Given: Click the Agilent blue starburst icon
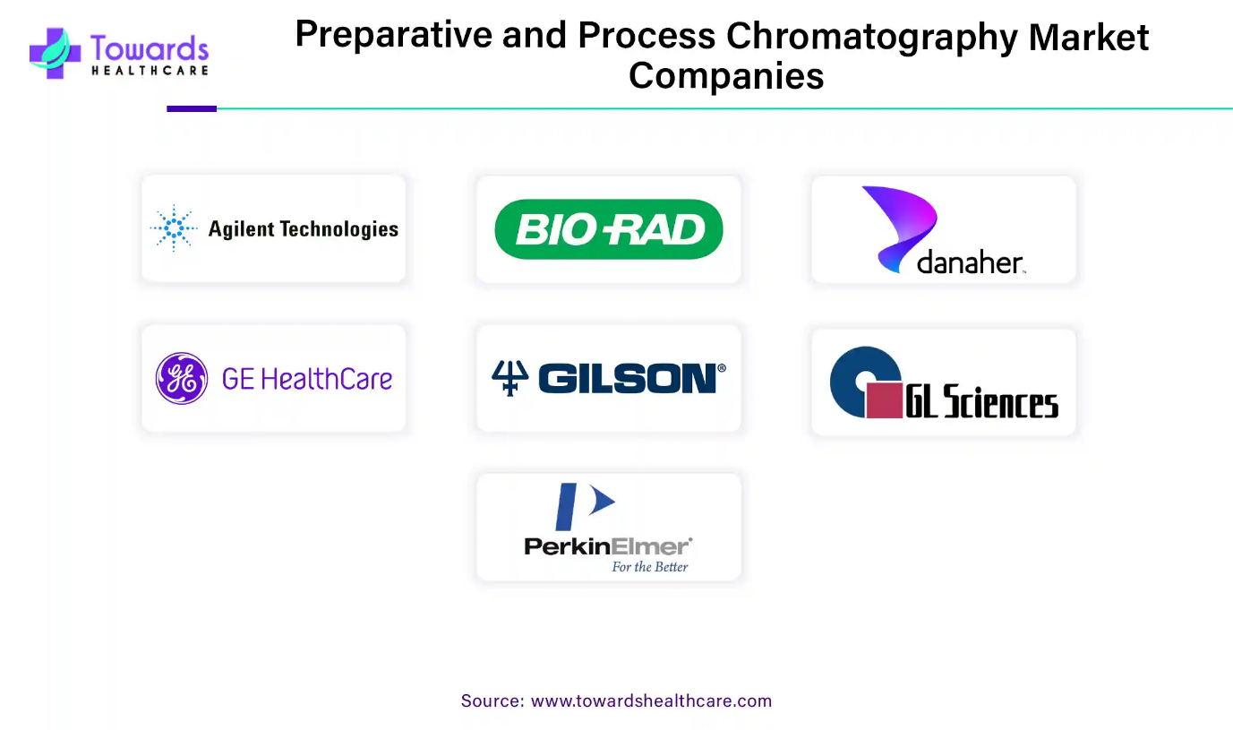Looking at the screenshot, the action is (x=174, y=228).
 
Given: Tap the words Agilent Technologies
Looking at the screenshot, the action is (x=303, y=229).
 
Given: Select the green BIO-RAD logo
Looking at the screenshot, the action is (x=609, y=229).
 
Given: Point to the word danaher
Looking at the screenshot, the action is (x=970, y=262).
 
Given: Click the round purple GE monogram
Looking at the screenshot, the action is (x=182, y=378).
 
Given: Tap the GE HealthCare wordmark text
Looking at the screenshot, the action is (x=307, y=379).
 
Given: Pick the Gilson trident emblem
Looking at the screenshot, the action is (x=509, y=378).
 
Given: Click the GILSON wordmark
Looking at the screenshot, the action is (x=632, y=378).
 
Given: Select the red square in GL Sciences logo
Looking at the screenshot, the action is (x=885, y=400).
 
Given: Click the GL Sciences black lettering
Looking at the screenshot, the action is (x=982, y=401).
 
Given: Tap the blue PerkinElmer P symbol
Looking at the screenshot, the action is (x=585, y=506).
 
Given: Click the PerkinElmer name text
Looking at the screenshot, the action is (x=608, y=546).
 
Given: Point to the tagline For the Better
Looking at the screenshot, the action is (x=650, y=567).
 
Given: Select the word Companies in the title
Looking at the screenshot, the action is (x=726, y=76).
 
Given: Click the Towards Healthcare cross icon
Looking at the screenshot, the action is (x=55, y=53).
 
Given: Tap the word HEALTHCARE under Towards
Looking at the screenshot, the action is (x=150, y=71).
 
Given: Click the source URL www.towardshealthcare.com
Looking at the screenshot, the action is (x=651, y=700).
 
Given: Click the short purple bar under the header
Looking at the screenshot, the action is (x=192, y=109).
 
